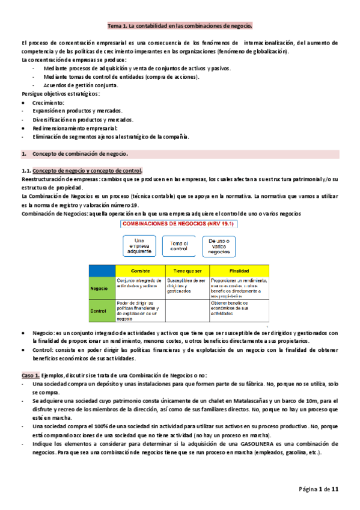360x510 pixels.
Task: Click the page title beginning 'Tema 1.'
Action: (180, 26)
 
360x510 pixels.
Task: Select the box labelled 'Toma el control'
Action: (179, 247)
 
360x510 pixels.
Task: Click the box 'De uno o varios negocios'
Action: (221, 247)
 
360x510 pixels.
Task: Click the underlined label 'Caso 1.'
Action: (31, 375)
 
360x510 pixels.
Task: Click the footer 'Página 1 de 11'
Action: (319, 490)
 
